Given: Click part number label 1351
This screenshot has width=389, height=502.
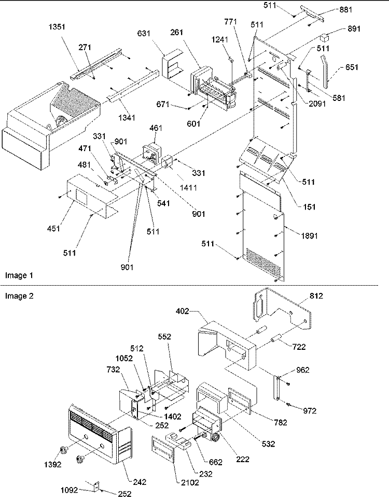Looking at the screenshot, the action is (x=57, y=27).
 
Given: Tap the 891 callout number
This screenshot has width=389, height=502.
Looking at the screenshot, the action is (x=354, y=29).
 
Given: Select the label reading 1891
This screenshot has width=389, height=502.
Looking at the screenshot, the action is (x=310, y=236).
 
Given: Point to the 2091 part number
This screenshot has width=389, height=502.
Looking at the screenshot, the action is (x=317, y=104).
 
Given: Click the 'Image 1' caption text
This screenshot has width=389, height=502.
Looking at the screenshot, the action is (x=19, y=275).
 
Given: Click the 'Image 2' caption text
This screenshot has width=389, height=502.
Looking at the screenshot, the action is (x=19, y=296).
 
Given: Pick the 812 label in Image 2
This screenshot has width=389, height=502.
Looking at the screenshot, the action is (x=316, y=296).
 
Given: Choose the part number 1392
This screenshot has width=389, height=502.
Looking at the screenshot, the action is (x=52, y=465).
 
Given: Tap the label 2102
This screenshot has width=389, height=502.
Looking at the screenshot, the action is (x=190, y=483).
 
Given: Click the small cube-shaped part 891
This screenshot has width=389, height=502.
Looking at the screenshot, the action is (x=326, y=37).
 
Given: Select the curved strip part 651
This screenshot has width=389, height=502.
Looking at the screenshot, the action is (x=324, y=72).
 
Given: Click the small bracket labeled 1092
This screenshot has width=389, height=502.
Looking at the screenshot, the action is (x=95, y=488).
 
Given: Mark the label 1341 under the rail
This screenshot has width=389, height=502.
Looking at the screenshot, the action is (x=127, y=118).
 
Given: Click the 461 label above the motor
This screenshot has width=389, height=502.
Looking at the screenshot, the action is (x=156, y=128).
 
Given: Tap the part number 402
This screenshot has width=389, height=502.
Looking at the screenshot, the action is (x=182, y=311).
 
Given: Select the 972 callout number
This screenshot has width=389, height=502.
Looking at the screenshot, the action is (x=310, y=411).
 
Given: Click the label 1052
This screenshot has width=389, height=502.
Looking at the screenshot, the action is (x=124, y=358).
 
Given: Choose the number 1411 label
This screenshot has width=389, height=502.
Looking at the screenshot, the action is (x=188, y=187).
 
